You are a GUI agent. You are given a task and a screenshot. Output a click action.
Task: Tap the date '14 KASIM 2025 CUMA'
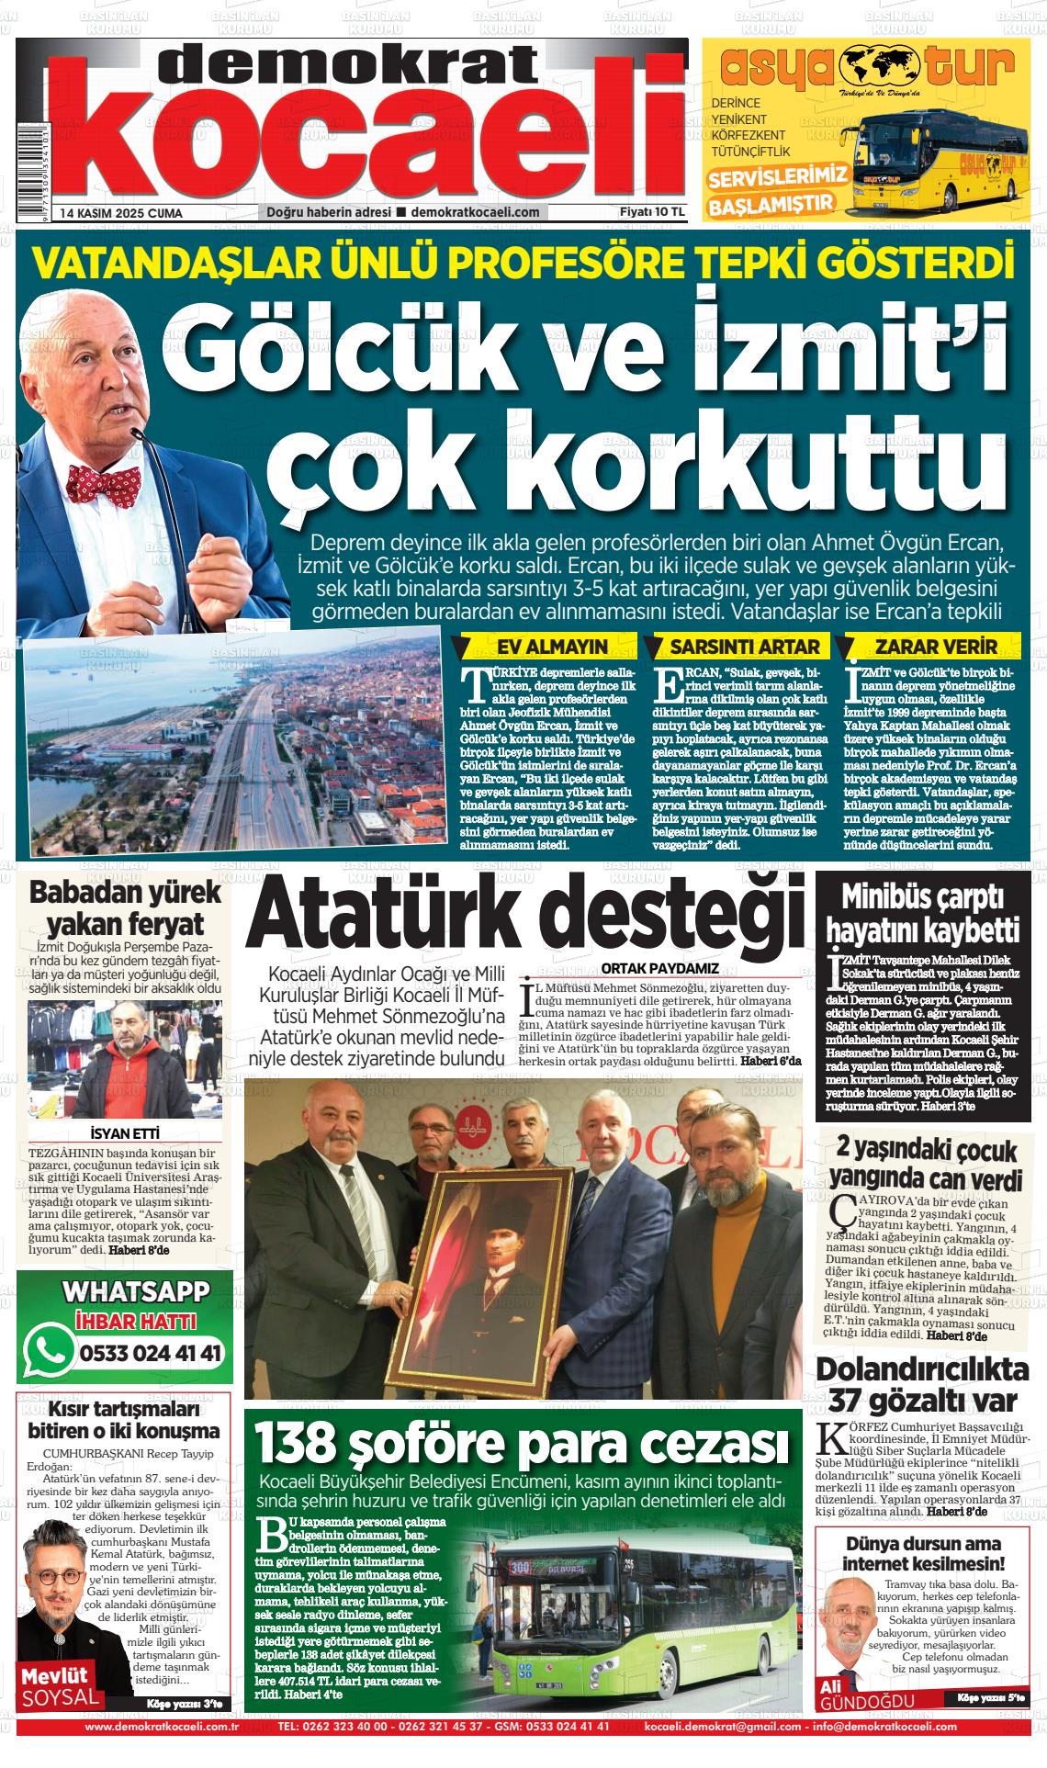(121, 213)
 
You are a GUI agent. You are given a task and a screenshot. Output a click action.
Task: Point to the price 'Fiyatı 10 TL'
(653, 212)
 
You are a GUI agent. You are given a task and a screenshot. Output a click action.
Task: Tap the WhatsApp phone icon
(51, 1349)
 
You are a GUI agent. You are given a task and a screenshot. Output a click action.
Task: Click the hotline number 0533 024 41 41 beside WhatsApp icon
(151, 1353)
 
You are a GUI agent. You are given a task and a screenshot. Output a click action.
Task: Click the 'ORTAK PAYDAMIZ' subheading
(659, 967)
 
